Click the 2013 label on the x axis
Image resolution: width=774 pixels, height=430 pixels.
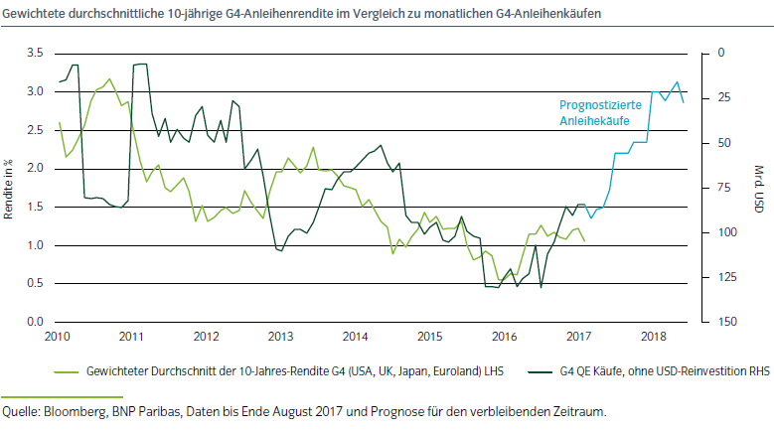tap(281, 338)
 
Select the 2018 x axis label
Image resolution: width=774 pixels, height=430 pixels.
tap(653, 338)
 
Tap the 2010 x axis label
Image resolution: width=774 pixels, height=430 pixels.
tap(58, 338)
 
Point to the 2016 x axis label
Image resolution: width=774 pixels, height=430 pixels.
tap(505, 338)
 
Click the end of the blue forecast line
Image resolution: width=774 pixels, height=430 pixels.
tap(683, 101)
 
